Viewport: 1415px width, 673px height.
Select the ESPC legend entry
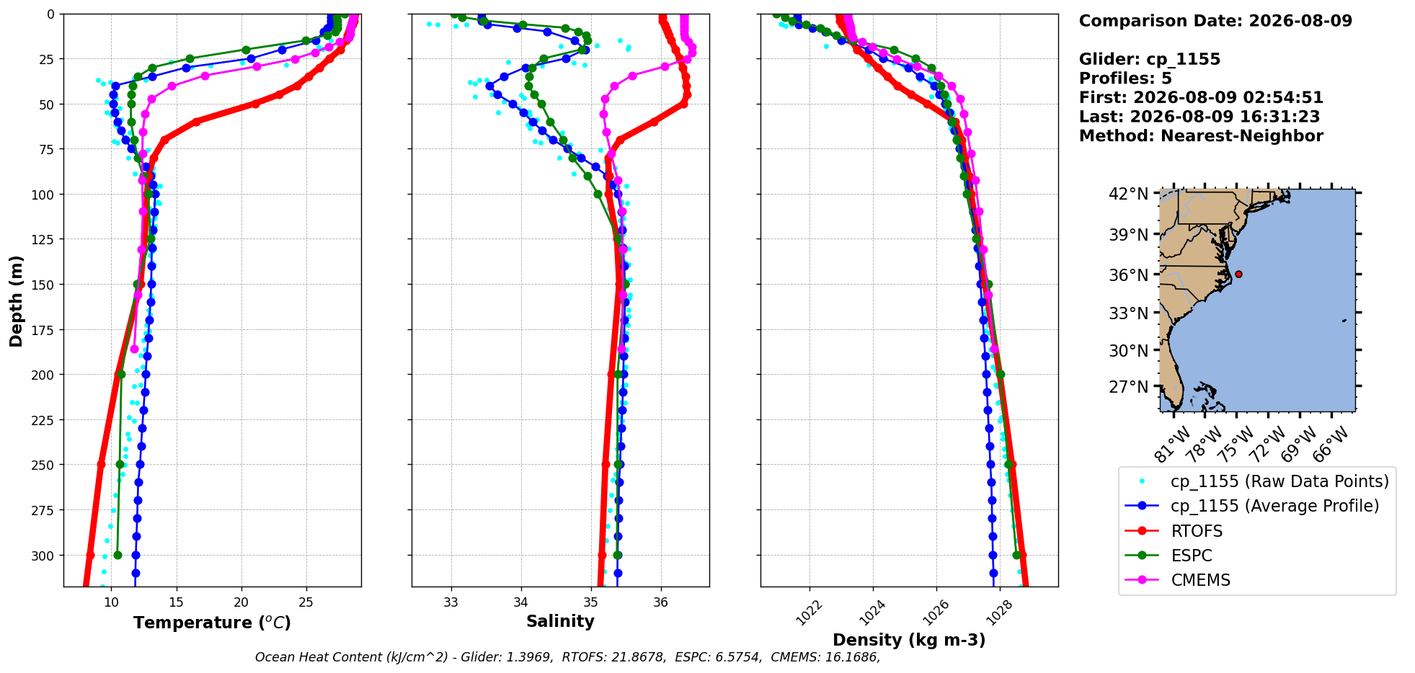point(1168,556)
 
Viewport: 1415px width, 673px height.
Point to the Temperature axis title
point(212,623)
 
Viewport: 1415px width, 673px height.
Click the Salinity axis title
point(560,621)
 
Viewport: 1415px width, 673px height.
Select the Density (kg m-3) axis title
point(909,640)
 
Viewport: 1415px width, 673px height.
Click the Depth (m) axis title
point(16,300)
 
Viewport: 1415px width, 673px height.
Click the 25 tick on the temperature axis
point(306,602)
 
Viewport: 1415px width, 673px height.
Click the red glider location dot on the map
point(1238,274)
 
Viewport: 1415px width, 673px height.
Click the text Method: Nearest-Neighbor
point(1201,136)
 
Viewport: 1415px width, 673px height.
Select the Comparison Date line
point(1215,21)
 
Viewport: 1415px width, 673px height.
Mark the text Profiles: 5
point(1125,79)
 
